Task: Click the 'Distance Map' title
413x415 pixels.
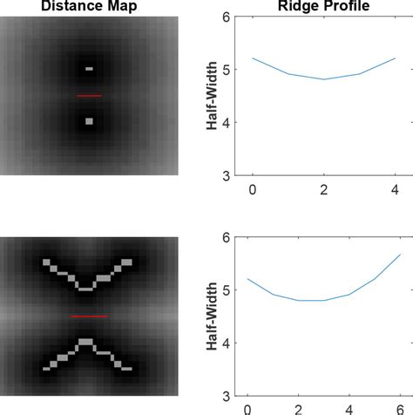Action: tap(89, 7)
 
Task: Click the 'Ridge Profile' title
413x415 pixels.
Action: tap(324, 7)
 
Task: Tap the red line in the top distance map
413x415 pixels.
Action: tap(89, 95)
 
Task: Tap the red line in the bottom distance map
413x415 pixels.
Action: tap(89, 316)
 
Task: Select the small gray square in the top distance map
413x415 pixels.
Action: tap(89, 121)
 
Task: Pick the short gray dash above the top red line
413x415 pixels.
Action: tap(89, 68)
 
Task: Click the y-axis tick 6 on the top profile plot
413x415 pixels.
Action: tap(226, 17)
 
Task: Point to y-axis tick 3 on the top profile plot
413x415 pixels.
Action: tap(226, 175)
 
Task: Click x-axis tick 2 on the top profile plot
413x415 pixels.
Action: tap(324, 188)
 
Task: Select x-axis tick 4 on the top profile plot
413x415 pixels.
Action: tap(395, 188)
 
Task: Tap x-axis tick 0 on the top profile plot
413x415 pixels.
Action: tap(253, 188)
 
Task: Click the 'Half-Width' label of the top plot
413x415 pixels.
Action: tap(211, 96)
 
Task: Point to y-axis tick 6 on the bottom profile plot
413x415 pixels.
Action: tap(226, 238)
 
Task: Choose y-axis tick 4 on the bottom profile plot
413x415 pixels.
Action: tap(226, 344)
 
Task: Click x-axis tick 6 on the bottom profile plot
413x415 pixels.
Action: tap(400, 409)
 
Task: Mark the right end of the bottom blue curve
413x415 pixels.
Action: tap(400, 254)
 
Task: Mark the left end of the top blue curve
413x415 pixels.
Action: tap(253, 58)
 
